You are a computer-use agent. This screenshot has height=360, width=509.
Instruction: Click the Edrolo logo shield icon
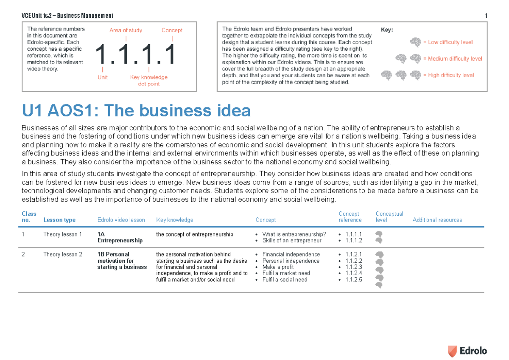click(453, 351)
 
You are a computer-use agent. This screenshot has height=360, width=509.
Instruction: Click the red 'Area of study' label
click(126, 30)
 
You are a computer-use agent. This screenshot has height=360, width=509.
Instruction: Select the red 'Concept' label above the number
click(172, 30)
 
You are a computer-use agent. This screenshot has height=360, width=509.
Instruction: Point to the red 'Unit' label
click(103, 77)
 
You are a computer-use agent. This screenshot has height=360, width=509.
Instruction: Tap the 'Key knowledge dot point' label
click(148, 81)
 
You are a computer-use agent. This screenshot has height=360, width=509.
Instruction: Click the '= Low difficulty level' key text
click(447, 42)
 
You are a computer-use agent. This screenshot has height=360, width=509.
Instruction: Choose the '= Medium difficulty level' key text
click(452, 59)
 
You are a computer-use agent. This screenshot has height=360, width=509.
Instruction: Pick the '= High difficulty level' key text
click(448, 75)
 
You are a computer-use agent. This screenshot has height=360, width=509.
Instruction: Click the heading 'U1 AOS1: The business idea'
click(136, 111)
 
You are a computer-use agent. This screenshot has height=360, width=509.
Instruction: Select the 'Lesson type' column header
click(59, 220)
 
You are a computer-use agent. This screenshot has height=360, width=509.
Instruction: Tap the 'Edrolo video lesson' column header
click(121, 220)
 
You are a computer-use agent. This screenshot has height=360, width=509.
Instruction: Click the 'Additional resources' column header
click(437, 220)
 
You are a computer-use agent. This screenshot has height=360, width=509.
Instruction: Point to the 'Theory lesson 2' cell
click(63, 254)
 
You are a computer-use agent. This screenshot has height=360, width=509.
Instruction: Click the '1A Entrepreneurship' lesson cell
click(120, 237)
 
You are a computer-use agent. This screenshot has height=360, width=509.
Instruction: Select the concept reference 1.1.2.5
click(354, 279)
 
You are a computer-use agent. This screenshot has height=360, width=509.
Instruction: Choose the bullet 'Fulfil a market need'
click(286, 273)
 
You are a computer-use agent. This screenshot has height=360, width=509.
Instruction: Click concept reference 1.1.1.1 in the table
click(354, 234)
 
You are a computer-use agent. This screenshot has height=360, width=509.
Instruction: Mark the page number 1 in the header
click(485, 16)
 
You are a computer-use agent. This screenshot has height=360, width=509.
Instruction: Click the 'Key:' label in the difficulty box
click(387, 30)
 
